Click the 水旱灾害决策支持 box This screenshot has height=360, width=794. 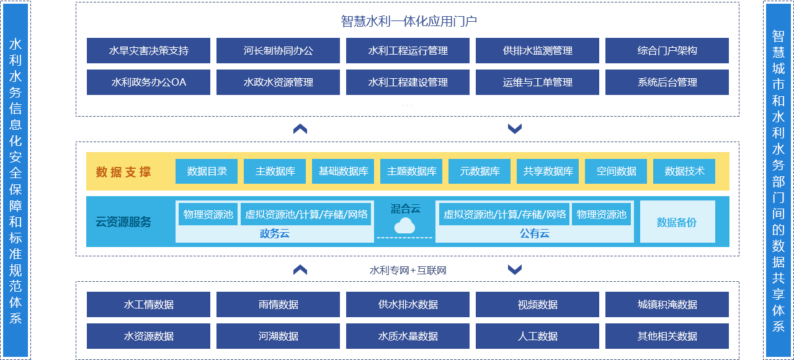pyautogui.click(x=148, y=51)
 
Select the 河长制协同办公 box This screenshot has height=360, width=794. pyautogui.click(x=278, y=51)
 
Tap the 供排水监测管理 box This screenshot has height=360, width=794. pyautogui.click(x=537, y=51)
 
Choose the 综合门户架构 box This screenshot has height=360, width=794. pyautogui.click(x=667, y=51)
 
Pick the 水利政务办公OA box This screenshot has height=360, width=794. pyautogui.click(x=148, y=83)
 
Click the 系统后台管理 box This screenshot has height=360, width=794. pyautogui.click(x=667, y=83)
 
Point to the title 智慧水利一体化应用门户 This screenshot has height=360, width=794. pyautogui.click(x=408, y=22)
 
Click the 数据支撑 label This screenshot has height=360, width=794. pyautogui.click(x=123, y=172)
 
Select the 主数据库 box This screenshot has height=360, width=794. pyautogui.click(x=275, y=172)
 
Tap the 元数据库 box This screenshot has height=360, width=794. pyautogui.click(x=480, y=172)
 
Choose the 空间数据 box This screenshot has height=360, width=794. pyautogui.click(x=616, y=172)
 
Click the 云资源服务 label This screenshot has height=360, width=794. pyautogui.click(x=123, y=222)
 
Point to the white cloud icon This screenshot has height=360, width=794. pyautogui.click(x=404, y=225)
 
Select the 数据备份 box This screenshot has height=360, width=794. pyautogui.click(x=677, y=222)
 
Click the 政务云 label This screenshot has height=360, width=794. pyautogui.click(x=274, y=234)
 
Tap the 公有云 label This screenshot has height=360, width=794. pyautogui.click(x=534, y=234)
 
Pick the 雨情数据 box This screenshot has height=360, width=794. pyautogui.click(x=278, y=305)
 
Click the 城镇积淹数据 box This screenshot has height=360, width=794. pyautogui.click(x=667, y=305)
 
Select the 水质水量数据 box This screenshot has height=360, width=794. pyautogui.click(x=408, y=336)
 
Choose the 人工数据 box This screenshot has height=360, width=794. pyautogui.click(x=537, y=336)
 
